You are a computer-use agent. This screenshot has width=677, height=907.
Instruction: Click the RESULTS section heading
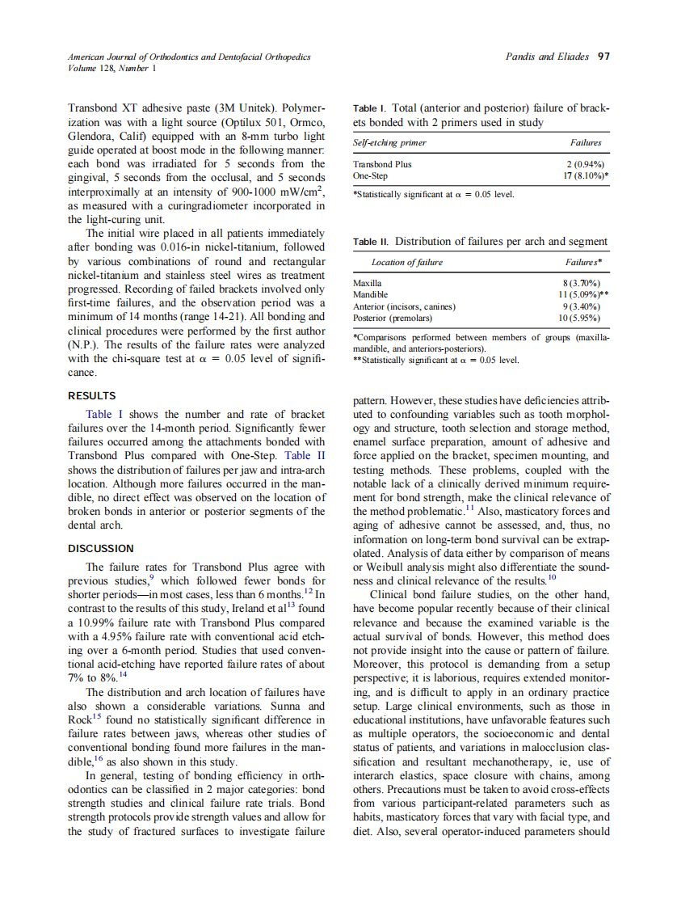coord(91,396)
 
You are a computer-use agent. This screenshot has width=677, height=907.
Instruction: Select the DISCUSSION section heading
coord(100,548)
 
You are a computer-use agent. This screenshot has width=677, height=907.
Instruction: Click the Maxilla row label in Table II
coord(368,284)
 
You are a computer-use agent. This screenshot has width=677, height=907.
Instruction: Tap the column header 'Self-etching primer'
coord(389,142)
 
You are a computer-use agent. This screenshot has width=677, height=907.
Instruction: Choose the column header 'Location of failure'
coord(406,263)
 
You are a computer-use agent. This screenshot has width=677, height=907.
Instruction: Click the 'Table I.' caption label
coord(371,108)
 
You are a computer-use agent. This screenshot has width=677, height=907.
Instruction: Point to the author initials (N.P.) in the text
coord(84,342)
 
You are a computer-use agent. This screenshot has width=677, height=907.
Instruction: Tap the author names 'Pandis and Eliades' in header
coord(547,57)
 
